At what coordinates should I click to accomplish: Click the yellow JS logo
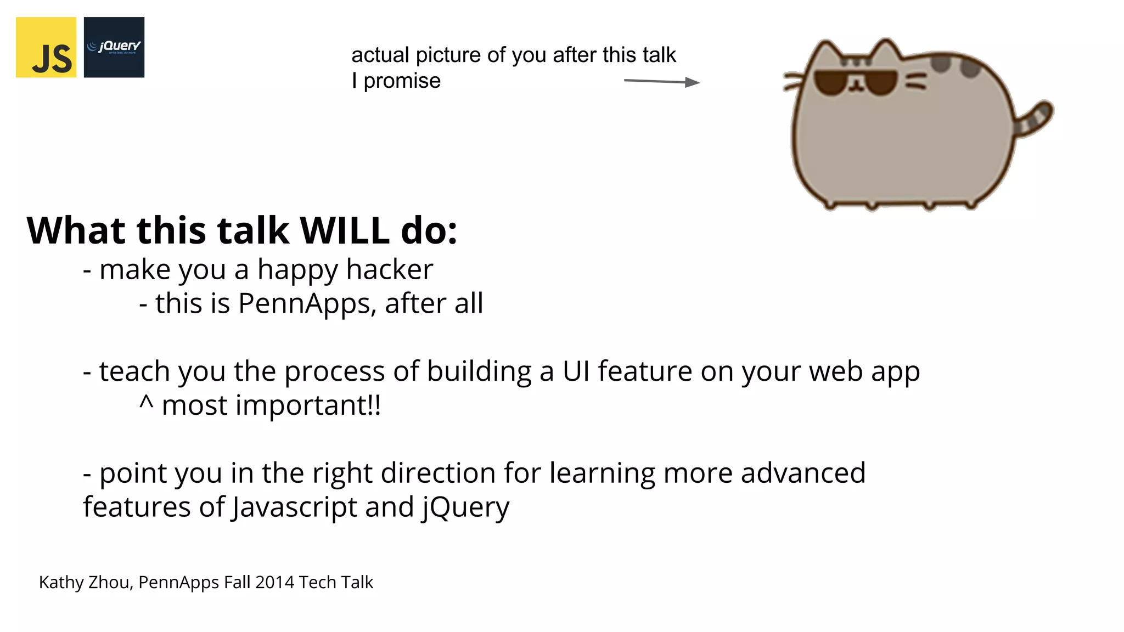tap(46, 47)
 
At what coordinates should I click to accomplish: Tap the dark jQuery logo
tap(114, 47)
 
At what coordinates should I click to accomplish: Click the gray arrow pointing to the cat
tap(661, 82)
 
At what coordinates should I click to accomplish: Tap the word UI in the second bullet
tap(576, 371)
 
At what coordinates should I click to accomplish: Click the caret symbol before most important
tap(146, 403)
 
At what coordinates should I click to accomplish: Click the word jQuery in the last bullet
tap(465, 507)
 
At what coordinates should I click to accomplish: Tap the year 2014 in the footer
tap(275, 582)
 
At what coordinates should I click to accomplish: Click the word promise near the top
tap(402, 81)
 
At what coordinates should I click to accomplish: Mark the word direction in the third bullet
tap(438, 473)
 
